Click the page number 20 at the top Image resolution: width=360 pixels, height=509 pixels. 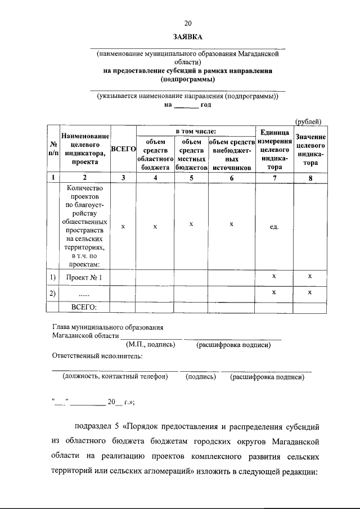[188, 23]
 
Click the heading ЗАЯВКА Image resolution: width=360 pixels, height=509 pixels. [188, 37]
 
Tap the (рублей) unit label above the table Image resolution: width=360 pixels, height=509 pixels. [308, 121]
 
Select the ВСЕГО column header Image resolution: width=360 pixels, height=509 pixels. [123, 149]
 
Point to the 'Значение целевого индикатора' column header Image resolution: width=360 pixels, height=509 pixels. [308, 150]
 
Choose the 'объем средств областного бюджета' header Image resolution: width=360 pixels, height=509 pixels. [155, 155]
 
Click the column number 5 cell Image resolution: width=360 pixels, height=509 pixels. [191, 178]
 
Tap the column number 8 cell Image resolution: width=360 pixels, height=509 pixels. [308, 178]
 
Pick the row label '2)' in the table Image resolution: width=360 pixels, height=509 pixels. [52, 294]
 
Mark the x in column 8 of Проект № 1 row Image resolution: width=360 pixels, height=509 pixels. [309, 277]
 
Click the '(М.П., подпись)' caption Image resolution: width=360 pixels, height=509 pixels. [148, 345]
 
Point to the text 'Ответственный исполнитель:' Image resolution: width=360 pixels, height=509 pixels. [97, 355]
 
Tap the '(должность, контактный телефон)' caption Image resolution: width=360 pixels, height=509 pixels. [115, 377]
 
